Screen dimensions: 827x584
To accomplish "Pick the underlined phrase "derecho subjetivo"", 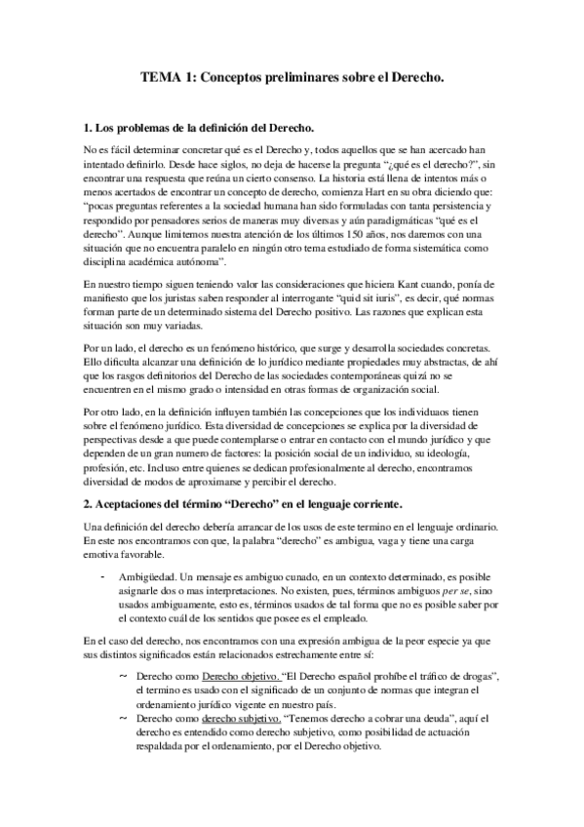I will pyautogui.click(x=240, y=718).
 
